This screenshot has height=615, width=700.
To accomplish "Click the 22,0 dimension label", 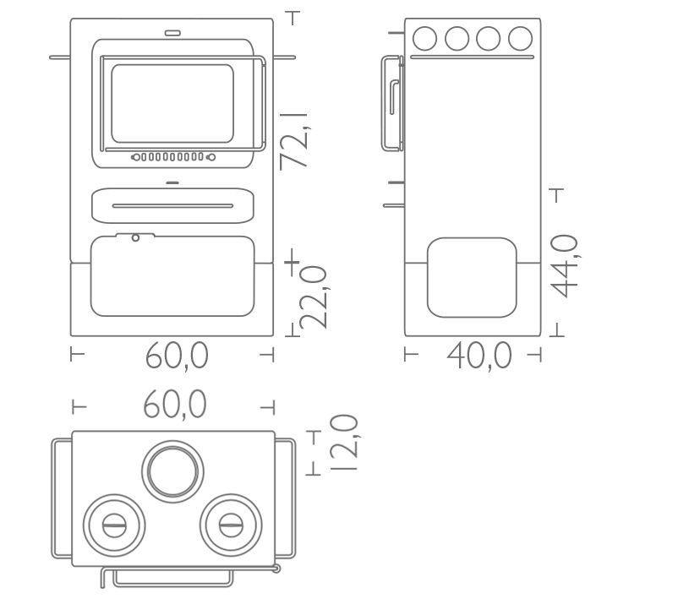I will [312, 297].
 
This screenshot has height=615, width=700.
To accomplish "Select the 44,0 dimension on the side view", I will [564, 265].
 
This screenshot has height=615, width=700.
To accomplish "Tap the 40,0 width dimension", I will [479, 356].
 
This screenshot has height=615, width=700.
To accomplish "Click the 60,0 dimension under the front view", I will [176, 356].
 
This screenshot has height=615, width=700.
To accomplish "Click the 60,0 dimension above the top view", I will [175, 405].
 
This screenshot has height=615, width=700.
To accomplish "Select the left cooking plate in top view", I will [114, 525].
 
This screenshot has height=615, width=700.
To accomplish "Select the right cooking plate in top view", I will [230, 525].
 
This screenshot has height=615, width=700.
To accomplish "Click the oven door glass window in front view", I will [172, 103].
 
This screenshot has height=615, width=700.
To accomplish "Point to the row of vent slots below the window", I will [172, 157].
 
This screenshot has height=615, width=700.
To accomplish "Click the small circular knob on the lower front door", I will [136, 237].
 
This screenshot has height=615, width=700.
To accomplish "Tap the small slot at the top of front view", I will [172, 34].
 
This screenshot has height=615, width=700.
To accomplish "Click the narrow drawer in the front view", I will [172, 205].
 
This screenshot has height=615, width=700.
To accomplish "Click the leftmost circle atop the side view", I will [424, 38].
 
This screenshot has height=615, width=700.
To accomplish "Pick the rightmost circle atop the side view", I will [520, 38].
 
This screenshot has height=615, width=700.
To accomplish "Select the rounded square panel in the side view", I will [472, 277].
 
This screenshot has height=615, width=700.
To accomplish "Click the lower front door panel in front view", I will [172, 277].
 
